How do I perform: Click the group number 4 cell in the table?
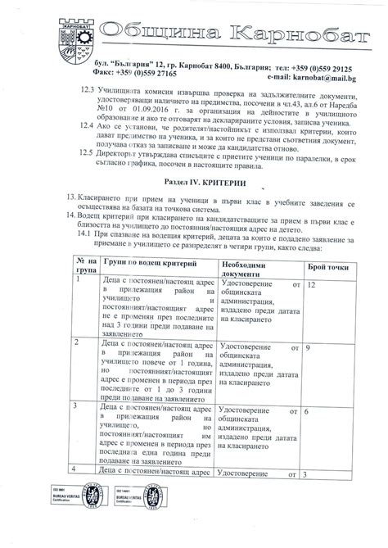point(77,469)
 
